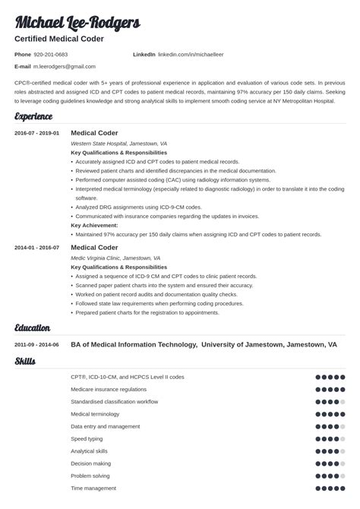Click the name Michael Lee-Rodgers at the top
pyautogui.click(x=77, y=22)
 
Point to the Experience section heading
pyautogui.click(x=33, y=116)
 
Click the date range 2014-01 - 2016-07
pyautogui.click(x=36, y=247)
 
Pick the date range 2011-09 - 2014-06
pyautogui.click(x=36, y=344)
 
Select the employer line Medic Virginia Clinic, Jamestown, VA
pyautogui.click(x=115, y=258)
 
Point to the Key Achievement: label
pyautogui.click(x=94, y=225)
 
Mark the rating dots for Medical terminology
pyautogui.click(x=330, y=414)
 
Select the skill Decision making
pyautogui.click(x=90, y=463)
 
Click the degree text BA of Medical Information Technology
pyautogui.click(x=132, y=344)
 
